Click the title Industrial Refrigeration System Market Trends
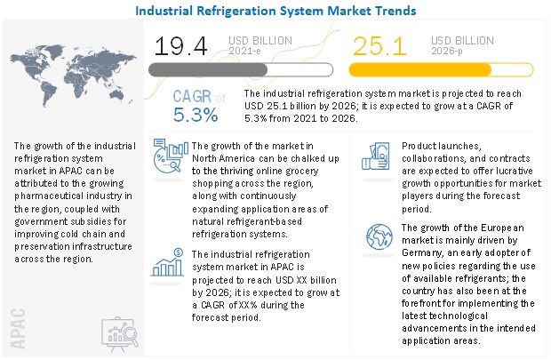point(275,11)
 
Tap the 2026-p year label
point(448,51)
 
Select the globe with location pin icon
point(374,239)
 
